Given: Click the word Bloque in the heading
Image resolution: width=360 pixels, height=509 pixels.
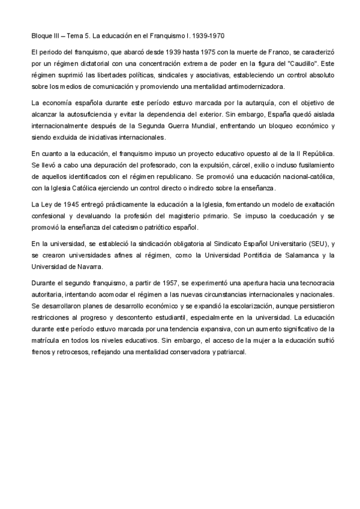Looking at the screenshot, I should click(x=41, y=35).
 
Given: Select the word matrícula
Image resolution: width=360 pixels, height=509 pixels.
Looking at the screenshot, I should click(x=46, y=337).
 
